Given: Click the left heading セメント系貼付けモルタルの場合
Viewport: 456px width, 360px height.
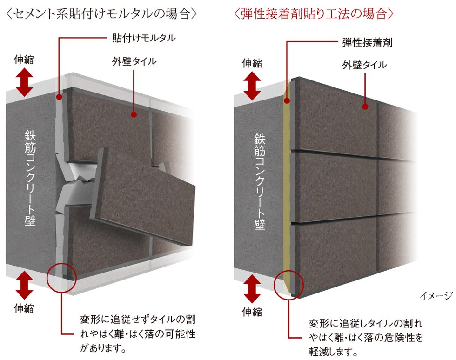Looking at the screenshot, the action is [x=101, y=13].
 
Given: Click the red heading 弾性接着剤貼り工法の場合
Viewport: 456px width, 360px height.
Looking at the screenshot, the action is [x=314, y=13].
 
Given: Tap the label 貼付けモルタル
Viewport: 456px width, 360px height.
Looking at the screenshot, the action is [x=144, y=38].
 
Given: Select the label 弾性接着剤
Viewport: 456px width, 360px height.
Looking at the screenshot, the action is [x=367, y=42].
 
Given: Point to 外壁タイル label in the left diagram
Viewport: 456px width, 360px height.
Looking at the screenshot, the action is [x=134, y=61].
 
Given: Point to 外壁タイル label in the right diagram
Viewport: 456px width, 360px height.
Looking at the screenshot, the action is [x=364, y=65].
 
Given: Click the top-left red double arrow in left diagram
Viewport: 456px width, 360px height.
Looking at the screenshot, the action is [x=24, y=82].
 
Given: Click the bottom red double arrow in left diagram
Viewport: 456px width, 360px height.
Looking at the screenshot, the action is [x=24, y=285].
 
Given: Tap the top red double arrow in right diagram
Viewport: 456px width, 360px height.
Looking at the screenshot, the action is [x=252, y=86].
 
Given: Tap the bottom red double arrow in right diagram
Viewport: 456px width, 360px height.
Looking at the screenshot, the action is [x=252, y=289].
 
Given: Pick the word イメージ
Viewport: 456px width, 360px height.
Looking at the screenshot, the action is [x=436, y=296].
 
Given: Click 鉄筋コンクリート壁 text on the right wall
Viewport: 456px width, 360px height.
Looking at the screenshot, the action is [x=260, y=181].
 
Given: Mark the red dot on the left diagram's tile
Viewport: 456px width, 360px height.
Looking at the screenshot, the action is [x=134, y=114].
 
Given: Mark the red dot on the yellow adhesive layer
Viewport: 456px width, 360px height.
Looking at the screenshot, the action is [x=287, y=101].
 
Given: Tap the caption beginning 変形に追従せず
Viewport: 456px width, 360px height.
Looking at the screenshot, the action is [x=138, y=333].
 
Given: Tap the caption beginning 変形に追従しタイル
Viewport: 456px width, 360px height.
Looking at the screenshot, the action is [x=366, y=337].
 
